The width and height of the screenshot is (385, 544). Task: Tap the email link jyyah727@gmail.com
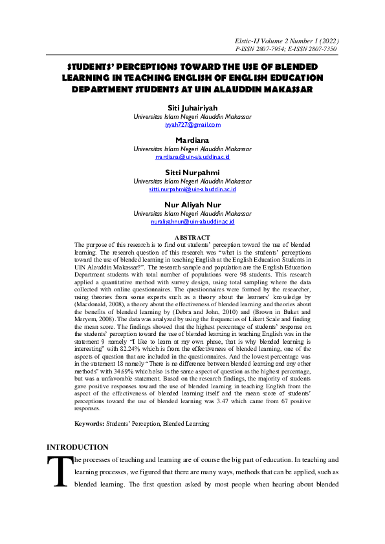click(192, 125)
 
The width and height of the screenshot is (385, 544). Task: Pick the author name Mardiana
click(192, 140)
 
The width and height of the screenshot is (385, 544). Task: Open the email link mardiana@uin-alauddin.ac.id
click(192, 157)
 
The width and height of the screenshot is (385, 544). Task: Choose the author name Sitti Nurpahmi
click(192, 173)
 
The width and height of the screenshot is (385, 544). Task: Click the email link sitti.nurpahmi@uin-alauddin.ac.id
click(192, 189)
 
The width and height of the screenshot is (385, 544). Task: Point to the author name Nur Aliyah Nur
click(192, 205)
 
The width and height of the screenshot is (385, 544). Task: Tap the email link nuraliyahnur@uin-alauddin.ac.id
click(192, 222)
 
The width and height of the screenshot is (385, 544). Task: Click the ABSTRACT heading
click(192, 238)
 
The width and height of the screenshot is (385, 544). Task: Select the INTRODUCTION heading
click(77, 447)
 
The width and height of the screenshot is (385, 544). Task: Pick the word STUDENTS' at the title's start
click(96, 67)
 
